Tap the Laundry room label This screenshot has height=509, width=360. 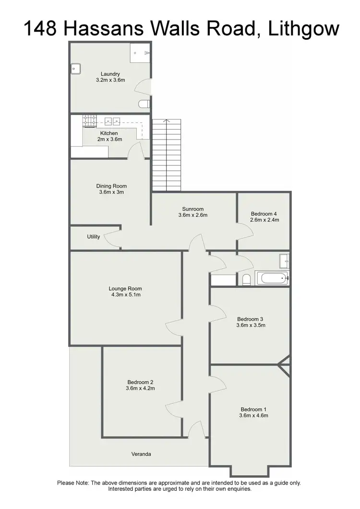[110, 74]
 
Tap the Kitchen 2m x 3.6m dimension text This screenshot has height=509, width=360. [109, 139]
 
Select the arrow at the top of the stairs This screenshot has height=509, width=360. [166, 122]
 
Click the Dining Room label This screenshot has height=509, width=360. [111, 186]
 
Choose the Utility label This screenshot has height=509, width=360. [94, 237]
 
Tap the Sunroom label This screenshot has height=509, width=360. [193, 209]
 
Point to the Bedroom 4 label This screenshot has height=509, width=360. [264, 213]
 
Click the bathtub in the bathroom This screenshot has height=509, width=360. [272, 278]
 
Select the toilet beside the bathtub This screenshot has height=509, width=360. [246, 279]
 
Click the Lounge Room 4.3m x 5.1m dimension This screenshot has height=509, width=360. [125, 295]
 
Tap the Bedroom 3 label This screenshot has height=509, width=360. [251, 319]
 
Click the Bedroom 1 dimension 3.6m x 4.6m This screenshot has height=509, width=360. [254, 416]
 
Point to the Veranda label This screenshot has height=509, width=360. [141, 454]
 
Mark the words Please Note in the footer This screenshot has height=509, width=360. [72, 483]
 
